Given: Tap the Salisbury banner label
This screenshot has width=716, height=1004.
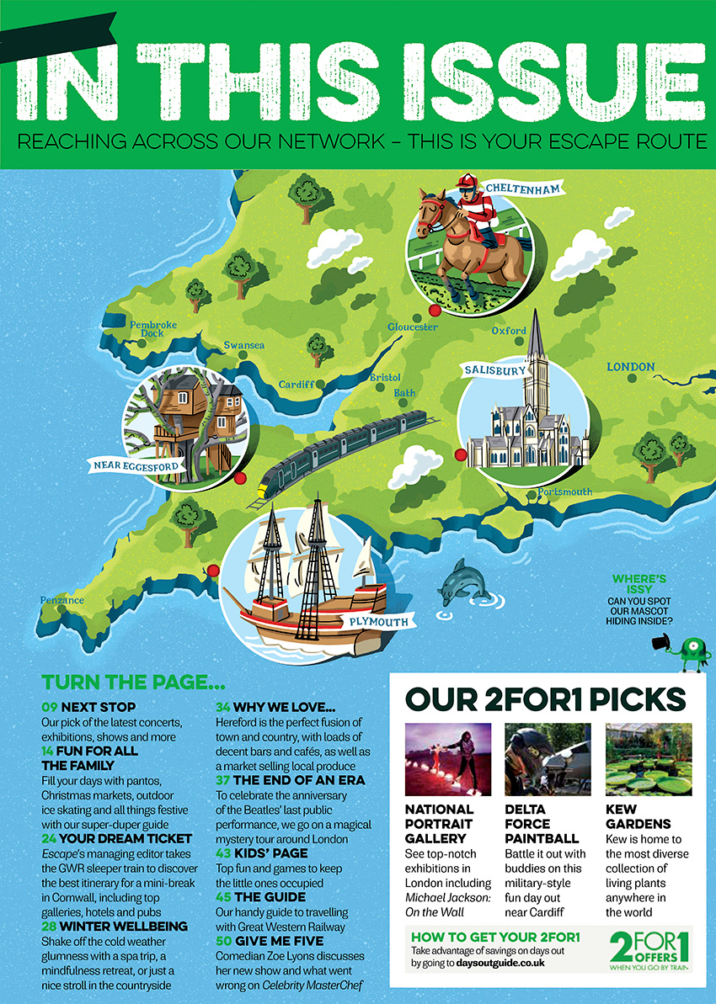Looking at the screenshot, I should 495,369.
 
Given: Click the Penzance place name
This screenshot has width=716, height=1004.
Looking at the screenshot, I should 62,600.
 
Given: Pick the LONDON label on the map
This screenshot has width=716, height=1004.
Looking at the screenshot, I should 630,367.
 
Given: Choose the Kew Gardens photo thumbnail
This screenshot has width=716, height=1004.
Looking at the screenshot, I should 649,759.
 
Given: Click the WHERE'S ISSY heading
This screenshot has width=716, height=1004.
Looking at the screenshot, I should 639,584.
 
